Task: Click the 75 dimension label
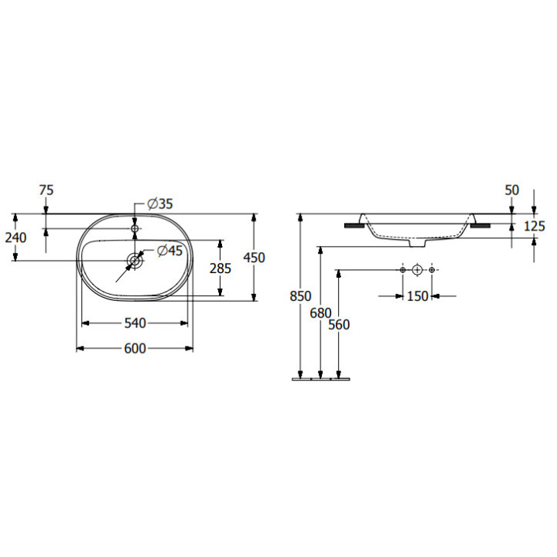tap(46, 190)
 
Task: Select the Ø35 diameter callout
tap(160, 204)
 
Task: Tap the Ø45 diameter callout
tap(169, 251)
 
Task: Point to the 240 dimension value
tap(15, 237)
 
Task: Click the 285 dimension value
tap(220, 268)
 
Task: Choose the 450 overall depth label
tap(254, 257)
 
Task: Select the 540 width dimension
tap(135, 323)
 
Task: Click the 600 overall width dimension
tap(135, 348)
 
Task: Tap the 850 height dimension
tap(300, 296)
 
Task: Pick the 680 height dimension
tap(320, 313)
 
